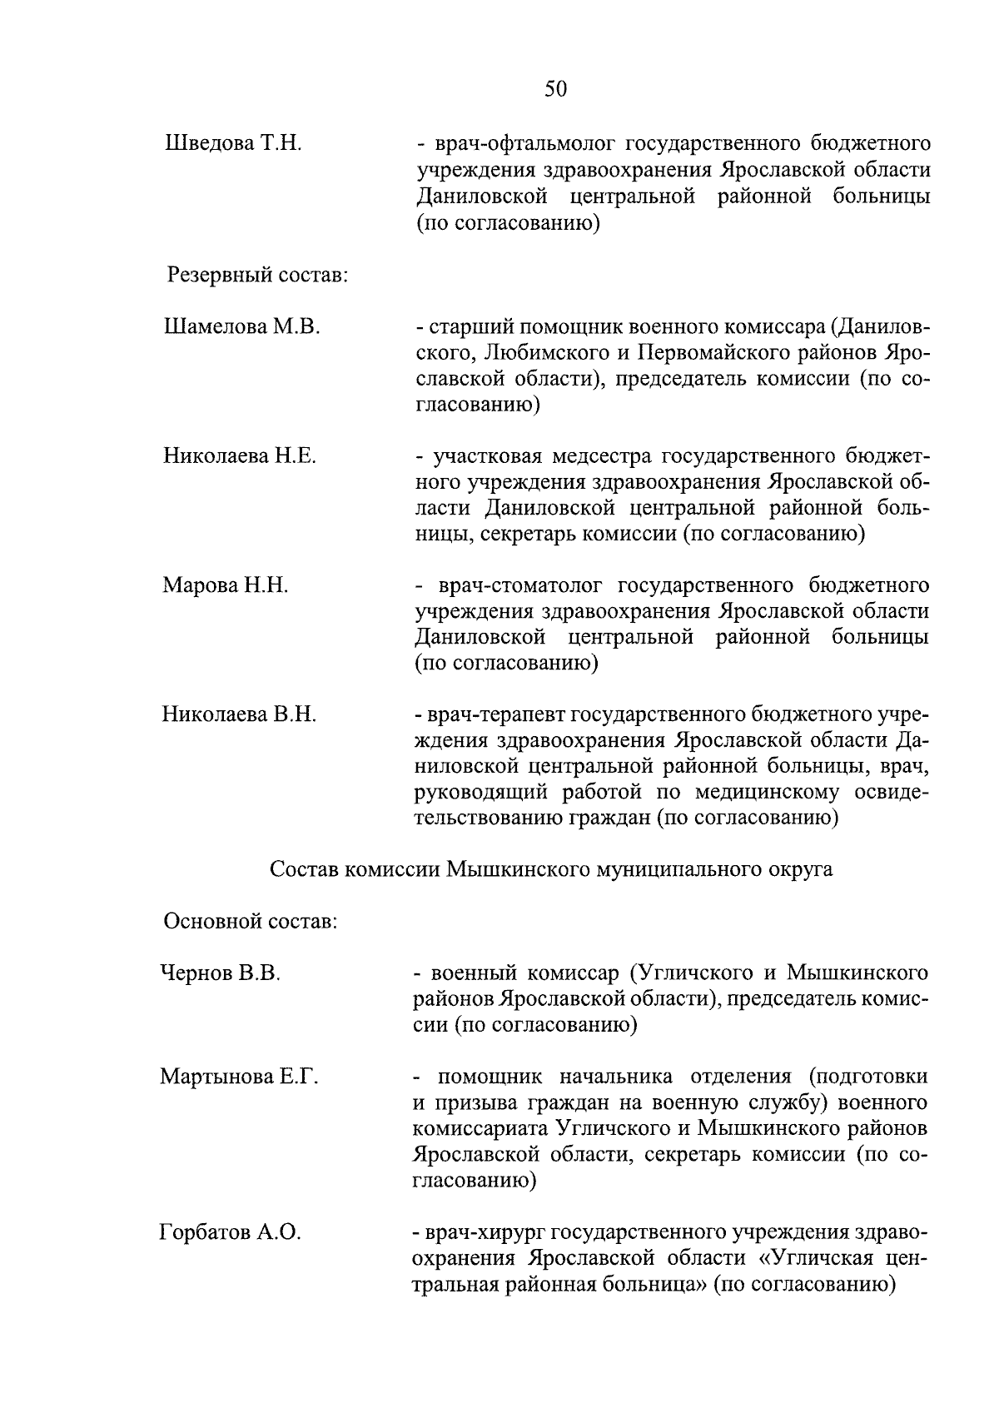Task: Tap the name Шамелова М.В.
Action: point(242,326)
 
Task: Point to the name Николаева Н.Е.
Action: point(240,455)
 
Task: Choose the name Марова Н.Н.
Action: point(226,585)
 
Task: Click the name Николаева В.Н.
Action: point(240,714)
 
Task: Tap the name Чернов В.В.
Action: point(221,973)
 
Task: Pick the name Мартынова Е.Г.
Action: point(240,1077)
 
